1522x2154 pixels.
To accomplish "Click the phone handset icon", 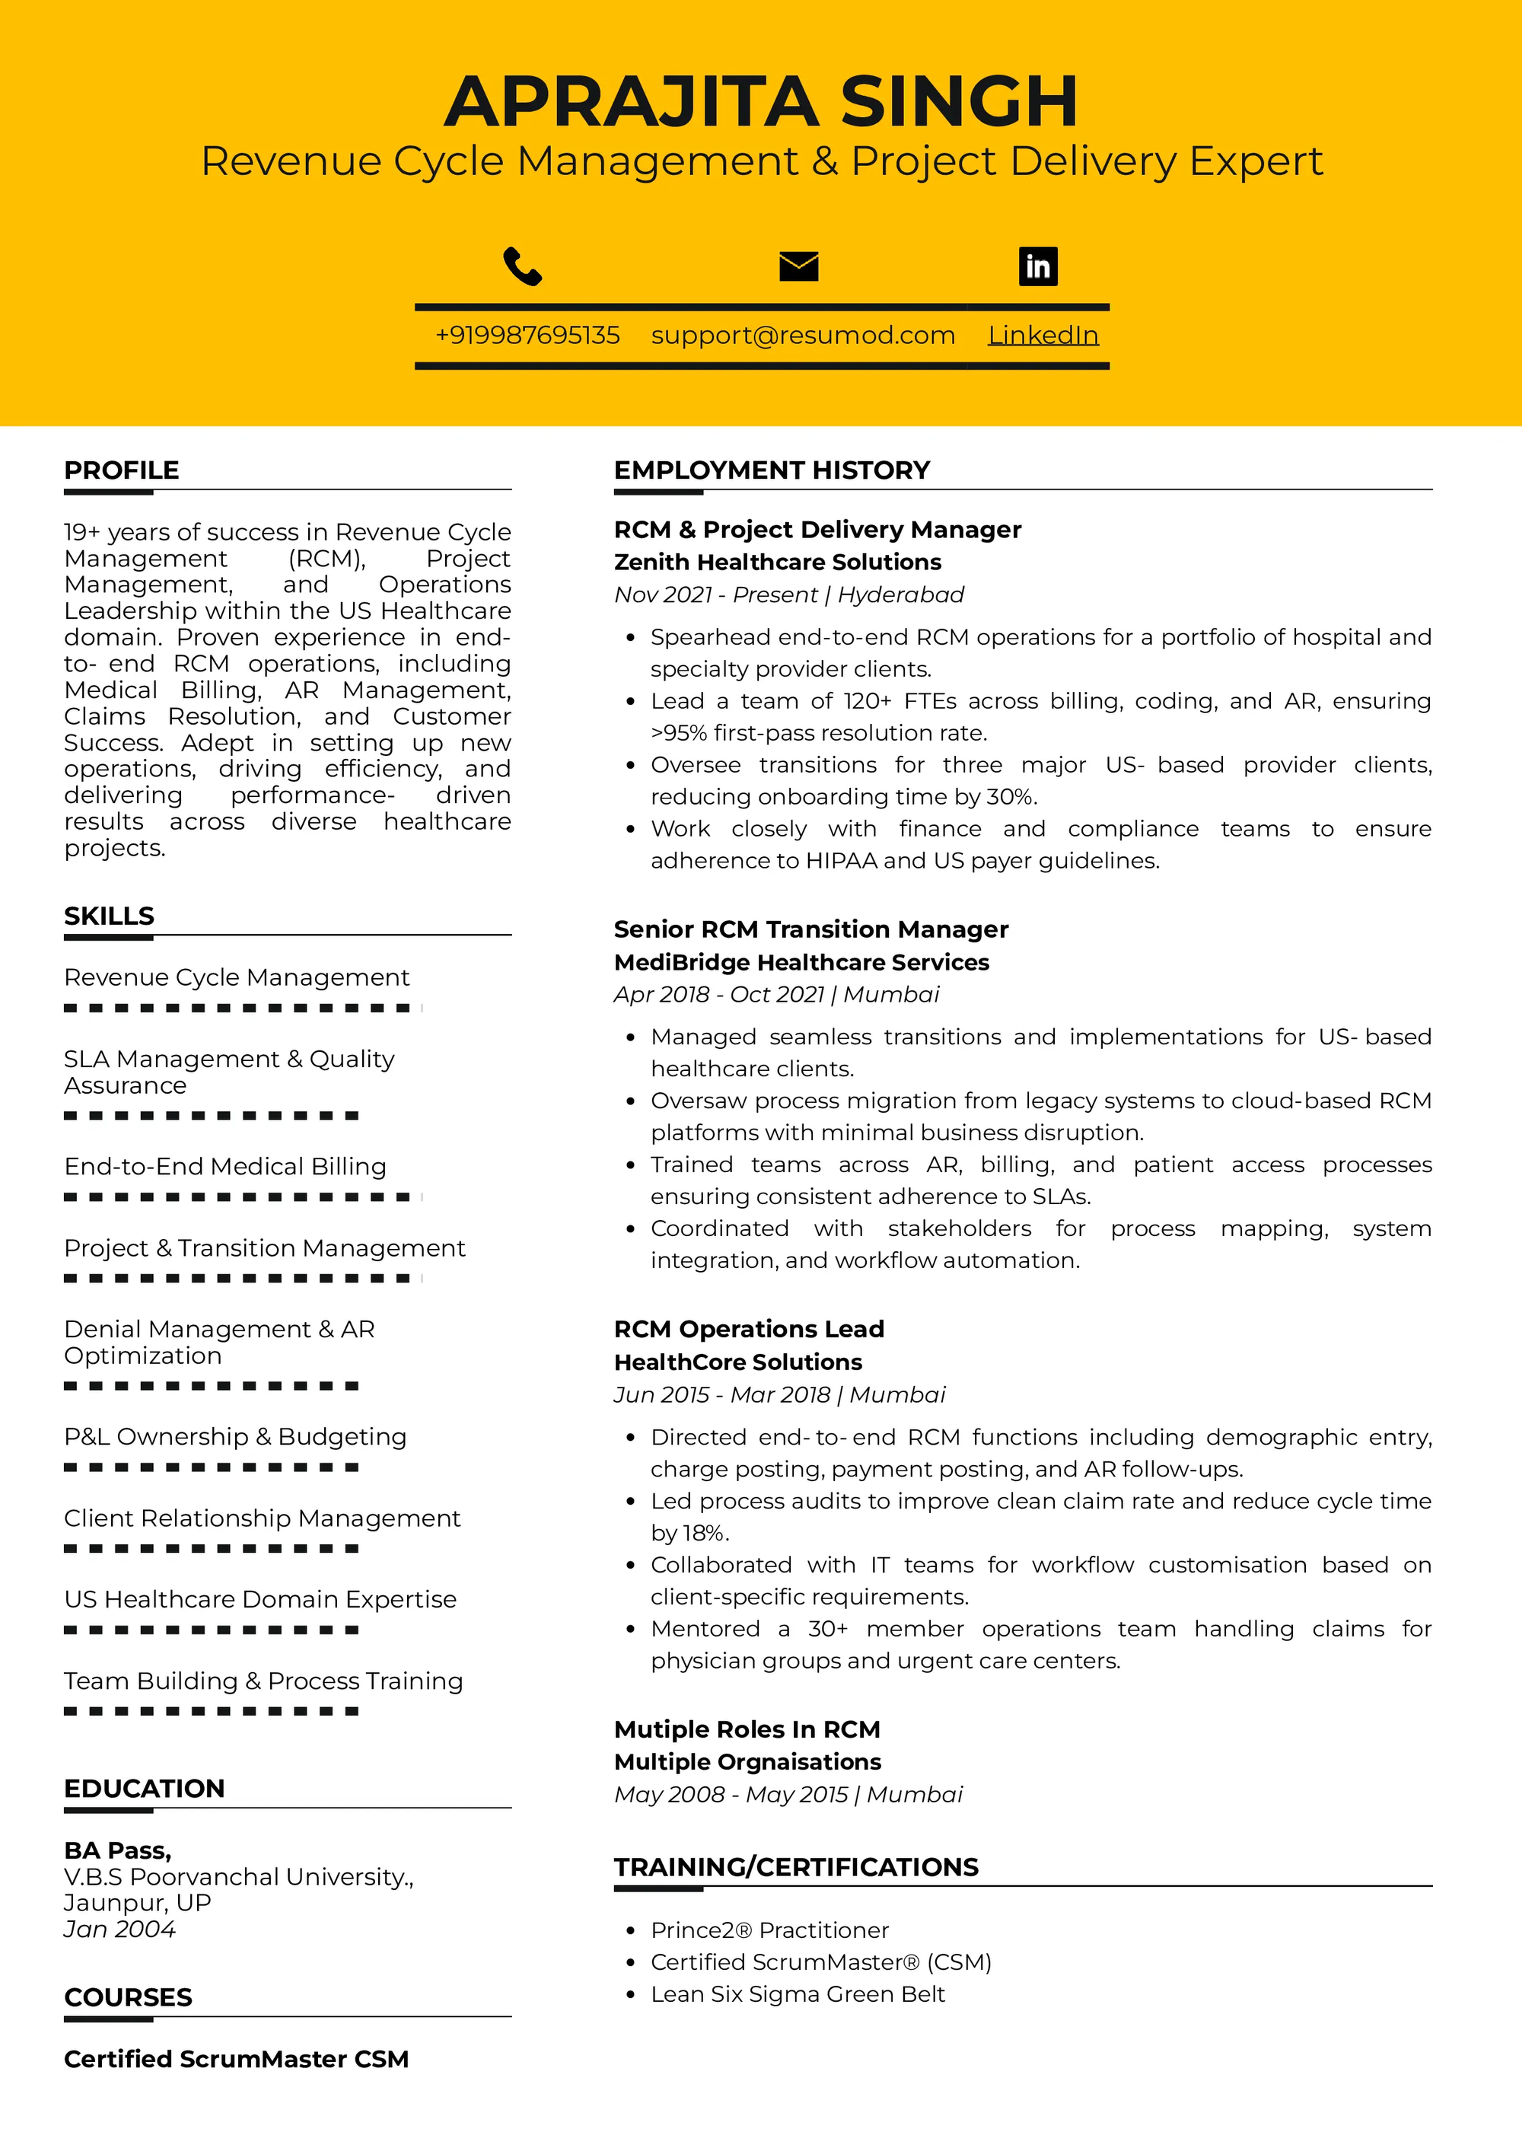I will [522, 266].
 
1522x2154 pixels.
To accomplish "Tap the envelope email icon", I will [798, 266].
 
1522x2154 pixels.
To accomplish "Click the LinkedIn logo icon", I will [1037, 266].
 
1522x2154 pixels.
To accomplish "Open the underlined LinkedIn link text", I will [1043, 335].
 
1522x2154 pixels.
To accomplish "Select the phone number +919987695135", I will [527, 335].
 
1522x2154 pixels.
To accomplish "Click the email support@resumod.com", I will [803, 335].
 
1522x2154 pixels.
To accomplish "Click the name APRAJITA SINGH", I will [760, 101].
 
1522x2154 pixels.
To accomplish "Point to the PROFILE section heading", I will [121, 470].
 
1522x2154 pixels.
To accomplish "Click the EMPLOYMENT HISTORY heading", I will [772, 470].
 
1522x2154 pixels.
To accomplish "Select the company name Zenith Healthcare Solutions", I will [778, 562].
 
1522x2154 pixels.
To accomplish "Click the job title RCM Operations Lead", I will [748, 1330].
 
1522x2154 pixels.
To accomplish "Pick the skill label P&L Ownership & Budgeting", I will [235, 1436].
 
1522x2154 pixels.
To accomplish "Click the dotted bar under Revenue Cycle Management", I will [242, 1008].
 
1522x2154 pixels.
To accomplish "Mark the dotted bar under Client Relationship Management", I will [211, 1549].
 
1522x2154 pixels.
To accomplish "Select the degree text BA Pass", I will [117, 1850].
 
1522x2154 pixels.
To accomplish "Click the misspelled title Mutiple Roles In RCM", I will [747, 1729].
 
